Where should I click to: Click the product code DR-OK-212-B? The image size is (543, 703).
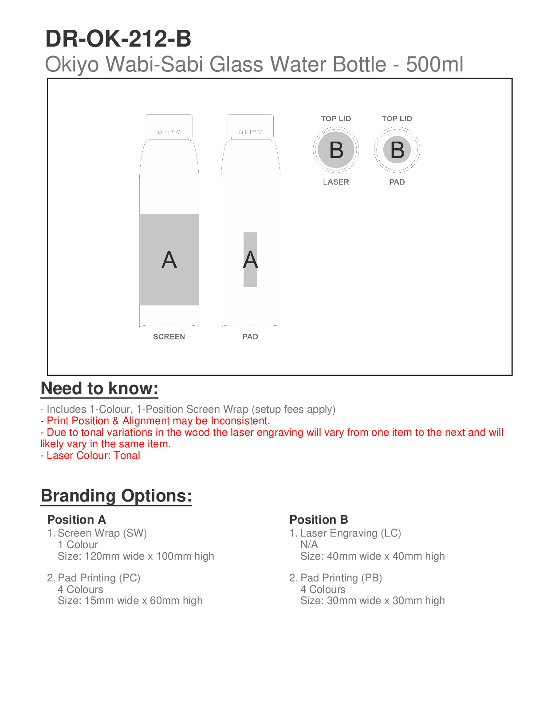click(118, 39)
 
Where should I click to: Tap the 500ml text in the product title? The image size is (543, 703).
click(434, 64)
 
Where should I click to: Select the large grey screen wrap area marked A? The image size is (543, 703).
click(169, 260)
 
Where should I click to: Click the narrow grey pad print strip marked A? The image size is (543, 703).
click(250, 260)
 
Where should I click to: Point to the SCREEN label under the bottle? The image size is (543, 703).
click(169, 337)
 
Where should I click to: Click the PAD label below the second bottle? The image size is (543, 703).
click(250, 337)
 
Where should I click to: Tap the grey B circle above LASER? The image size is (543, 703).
click(336, 150)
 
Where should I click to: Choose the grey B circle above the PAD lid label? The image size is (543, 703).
click(397, 150)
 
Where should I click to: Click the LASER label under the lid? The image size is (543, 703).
click(336, 182)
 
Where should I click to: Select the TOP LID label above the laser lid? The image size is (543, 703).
click(336, 118)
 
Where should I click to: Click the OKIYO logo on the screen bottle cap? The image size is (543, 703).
click(169, 132)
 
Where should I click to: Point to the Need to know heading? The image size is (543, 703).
click(99, 388)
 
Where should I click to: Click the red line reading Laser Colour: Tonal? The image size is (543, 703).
click(90, 455)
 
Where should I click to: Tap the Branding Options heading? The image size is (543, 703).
click(116, 496)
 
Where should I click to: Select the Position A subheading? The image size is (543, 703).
click(76, 520)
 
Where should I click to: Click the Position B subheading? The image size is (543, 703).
click(319, 520)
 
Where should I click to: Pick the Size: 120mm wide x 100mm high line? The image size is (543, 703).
click(136, 556)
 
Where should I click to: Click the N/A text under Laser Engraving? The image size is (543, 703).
click(309, 545)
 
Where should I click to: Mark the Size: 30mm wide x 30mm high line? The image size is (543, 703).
click(372, 600)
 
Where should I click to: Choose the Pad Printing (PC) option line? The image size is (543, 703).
click(98, 578)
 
